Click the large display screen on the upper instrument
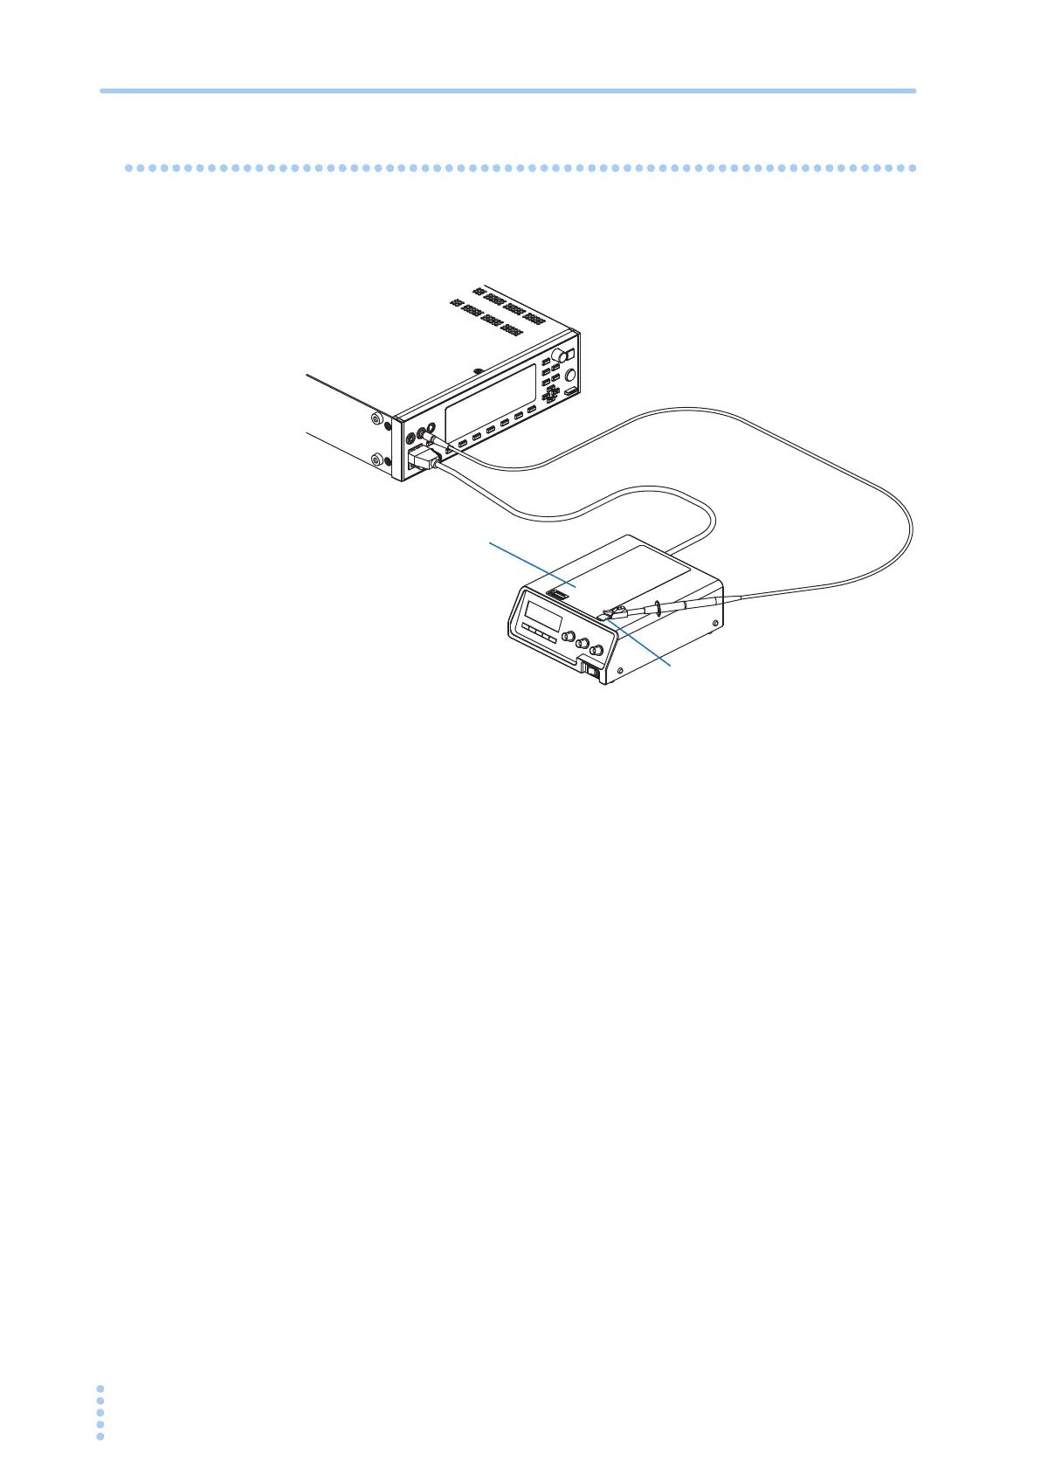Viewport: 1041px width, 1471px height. pos(490,403)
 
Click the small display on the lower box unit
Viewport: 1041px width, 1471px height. pos(542,615)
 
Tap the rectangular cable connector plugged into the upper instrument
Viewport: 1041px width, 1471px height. pos(422,459)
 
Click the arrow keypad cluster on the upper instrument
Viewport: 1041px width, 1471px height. pos(552,390)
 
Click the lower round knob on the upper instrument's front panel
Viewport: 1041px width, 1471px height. pos(571,375)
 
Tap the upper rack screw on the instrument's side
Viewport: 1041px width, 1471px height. pos(376,420)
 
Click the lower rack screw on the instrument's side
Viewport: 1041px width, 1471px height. pos(376,459)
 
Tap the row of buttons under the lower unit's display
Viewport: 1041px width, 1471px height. pos(538,635)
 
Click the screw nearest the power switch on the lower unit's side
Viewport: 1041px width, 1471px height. pos(619,671)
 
